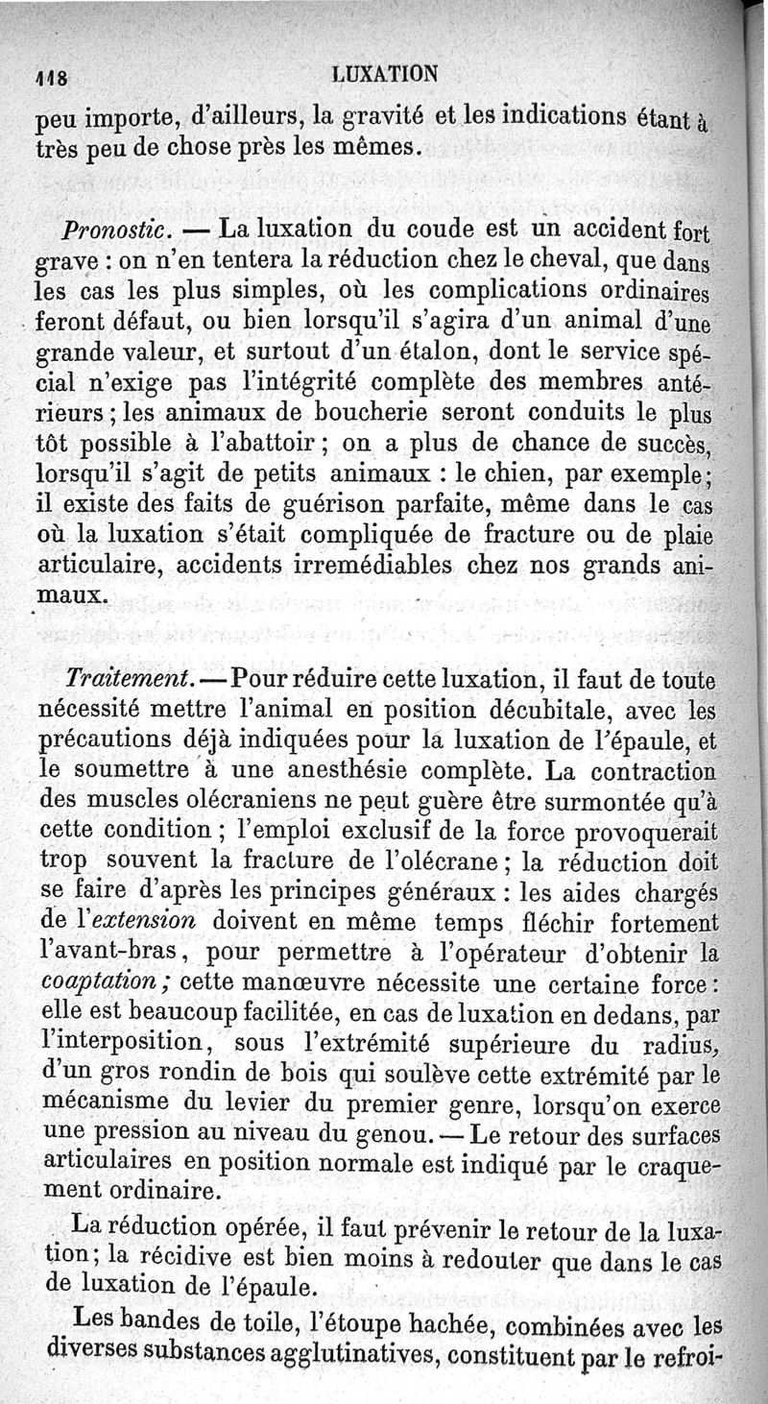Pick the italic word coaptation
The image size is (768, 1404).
[103, 982]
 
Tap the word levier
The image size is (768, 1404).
[244, 1102]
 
